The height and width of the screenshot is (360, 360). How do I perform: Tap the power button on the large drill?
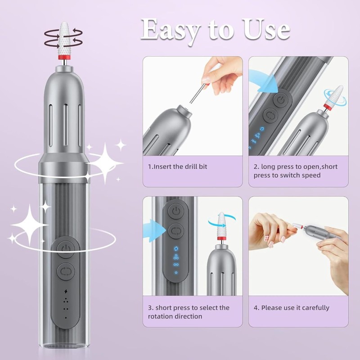(x=66, y=248)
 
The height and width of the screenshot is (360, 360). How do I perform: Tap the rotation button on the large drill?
(x=66, y=272)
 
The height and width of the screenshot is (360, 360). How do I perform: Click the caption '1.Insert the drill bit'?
(x=178, y=166)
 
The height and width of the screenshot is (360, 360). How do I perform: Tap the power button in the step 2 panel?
(x=281, y=100)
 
